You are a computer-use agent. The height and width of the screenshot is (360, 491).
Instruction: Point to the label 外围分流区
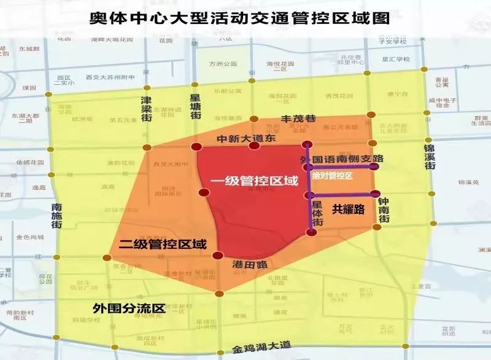tap(130, 308)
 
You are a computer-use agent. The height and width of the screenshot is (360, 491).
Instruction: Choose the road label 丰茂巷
tap(297, 119)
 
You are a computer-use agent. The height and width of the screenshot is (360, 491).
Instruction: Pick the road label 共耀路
tap(349, 209)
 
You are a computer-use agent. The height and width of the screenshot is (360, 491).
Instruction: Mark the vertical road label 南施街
tap(56, 216)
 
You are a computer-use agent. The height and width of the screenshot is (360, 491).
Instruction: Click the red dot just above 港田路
tap(217, 256)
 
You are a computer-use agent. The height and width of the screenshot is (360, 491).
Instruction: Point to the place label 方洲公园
tap(223, 63)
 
